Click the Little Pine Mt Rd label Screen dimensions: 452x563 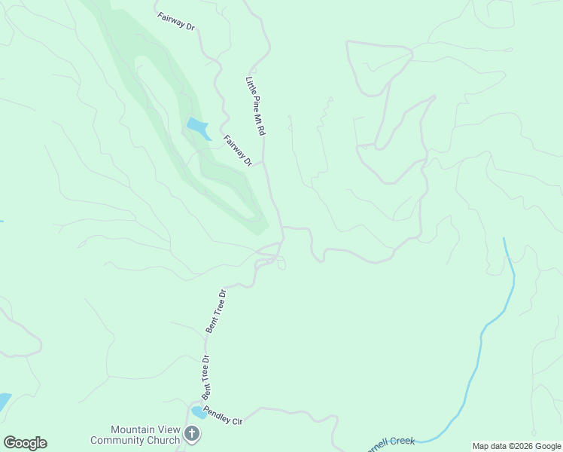click(x=256, y=105)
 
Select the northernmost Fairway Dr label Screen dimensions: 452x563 click(x=177, y=21)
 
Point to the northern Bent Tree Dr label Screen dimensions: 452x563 click(x=216, y=311)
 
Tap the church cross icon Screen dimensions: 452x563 click(x=192, y=434)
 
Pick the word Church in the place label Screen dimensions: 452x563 click(x=163, y=440)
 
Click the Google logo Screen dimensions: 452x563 click(x=25, y=443)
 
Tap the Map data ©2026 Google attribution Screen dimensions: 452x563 click(x=516, y=446)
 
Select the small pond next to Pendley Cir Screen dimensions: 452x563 click(x=199, y=412)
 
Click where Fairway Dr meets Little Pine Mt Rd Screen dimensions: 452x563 click(x=263, y=162)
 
